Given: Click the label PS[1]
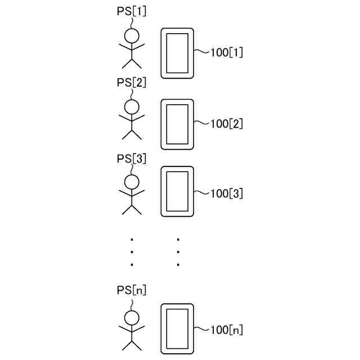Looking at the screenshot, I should (x=132, y=11).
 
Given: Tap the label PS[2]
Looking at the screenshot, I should (x=132, y=82).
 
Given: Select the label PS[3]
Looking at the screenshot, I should (x=132, y=158).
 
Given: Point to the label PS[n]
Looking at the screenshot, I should (x=132, y=290).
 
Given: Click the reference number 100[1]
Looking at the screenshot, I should (x=226, y=53).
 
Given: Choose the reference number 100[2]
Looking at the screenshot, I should (x=226, y=124).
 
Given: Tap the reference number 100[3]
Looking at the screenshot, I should (x=226, y=194).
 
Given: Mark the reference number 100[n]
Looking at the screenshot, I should (x=226, y=330).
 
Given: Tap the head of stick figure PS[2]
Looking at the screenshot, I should (x=132, y=106).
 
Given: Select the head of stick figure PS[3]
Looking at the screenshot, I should (x=132, y=181).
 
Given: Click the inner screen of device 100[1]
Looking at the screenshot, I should (x=177, y=53).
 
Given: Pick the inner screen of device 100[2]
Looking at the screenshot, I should (x=177, y=124).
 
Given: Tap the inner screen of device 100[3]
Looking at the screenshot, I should (x=177, y=191).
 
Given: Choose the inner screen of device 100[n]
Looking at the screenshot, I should (x=177, y=328).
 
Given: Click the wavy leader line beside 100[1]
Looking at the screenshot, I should (x=201, y=52).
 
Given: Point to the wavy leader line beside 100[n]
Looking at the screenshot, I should (x=201, y=329).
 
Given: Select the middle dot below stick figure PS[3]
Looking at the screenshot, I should (x=132, y=251).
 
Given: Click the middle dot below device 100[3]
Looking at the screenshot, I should (x=178, y=251).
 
